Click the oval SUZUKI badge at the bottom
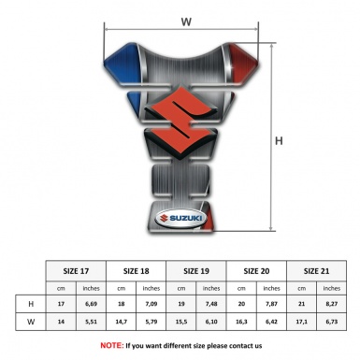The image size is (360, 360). (x=180, y=222)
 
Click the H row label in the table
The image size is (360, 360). (x=33, y=304)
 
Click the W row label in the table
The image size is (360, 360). (x=33, y=321)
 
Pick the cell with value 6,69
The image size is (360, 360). (x=92, y=304)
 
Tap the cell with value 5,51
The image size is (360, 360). (x=92, y=321)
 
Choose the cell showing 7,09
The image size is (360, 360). (x=152, y=304)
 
